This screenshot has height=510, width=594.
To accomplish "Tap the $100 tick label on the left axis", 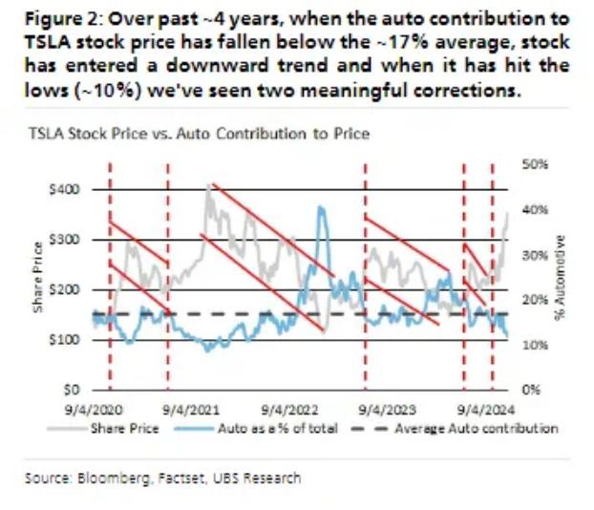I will (x=62, y=340).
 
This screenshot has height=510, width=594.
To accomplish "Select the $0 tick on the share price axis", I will (x=69, y=390).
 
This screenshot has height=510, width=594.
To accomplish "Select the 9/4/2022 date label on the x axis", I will (x=284, y=408).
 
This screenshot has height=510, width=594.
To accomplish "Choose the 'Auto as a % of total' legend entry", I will (x=258, y=428).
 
